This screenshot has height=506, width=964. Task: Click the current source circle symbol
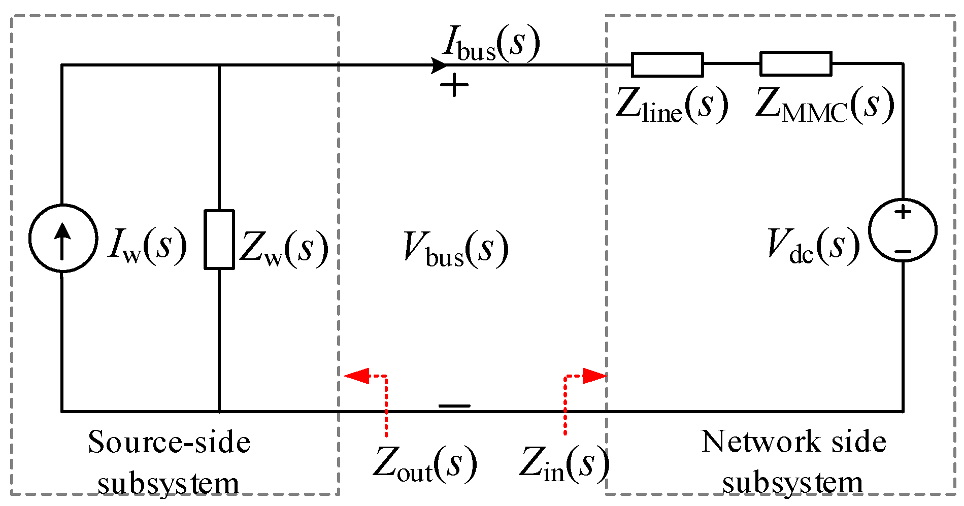[x=62, y=238]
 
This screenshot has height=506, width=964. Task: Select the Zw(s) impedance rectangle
[x=219, y=239]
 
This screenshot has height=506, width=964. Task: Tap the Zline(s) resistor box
[x=667, y=64]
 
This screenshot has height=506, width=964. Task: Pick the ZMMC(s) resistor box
[x=795, y=64]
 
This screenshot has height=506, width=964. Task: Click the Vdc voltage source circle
[x=903, y=230]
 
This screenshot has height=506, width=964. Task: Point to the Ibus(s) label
[x=490, y=45]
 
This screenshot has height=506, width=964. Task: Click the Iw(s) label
[x=147, y=247]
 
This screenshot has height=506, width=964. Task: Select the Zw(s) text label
[x=283, y=249]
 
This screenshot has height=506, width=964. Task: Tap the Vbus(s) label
[x=455, y=249]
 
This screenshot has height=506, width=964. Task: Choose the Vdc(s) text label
[x=813, y=246]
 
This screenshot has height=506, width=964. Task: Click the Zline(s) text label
[x=671, y=106]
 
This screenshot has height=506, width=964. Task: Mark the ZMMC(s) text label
[x=824, y=106]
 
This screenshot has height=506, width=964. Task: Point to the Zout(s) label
[x=425, y=464]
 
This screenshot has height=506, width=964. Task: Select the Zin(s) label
[x=563, y=464]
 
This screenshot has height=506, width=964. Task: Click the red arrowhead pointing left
[x=356, y=376]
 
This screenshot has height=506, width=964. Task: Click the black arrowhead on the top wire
[x=440, y=65]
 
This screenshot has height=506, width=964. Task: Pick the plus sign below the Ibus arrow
[x=454, y=86]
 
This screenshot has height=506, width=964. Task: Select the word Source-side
[x=169, y=442]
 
